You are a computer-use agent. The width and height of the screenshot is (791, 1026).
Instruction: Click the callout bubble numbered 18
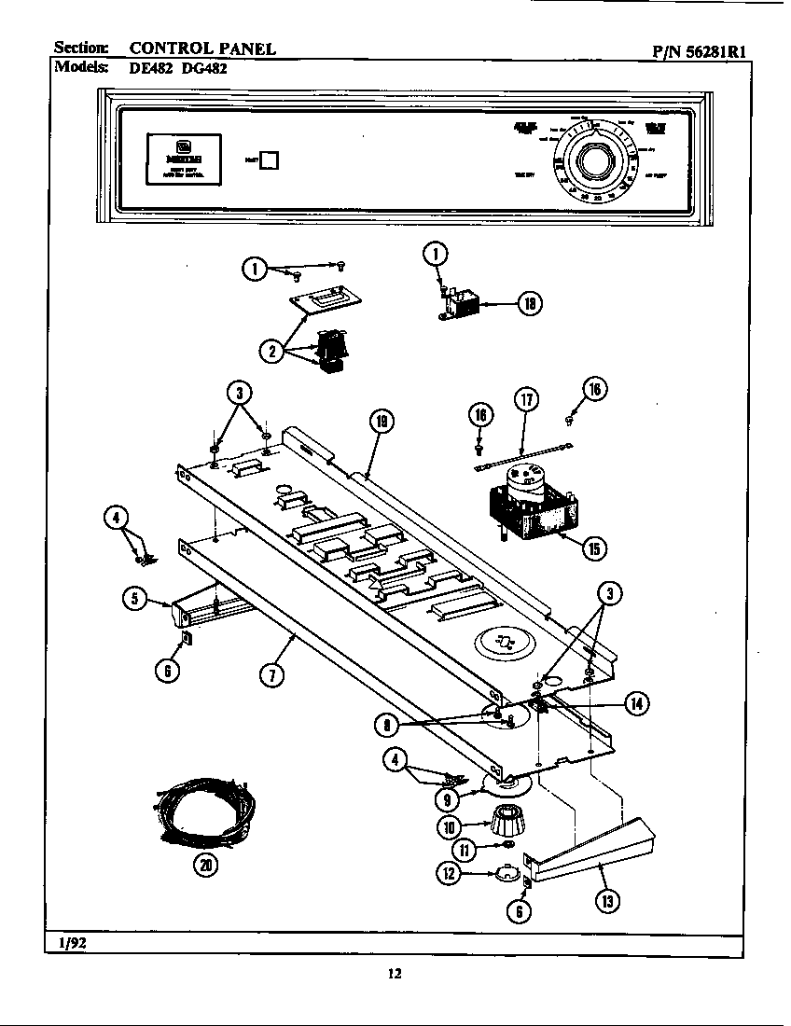point(530,303)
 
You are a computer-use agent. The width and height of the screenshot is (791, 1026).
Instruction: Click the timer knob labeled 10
point(506,822)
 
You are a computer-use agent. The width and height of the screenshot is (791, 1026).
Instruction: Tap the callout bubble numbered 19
point(381,422)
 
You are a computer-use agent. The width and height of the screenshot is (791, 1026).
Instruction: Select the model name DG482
point(203,67)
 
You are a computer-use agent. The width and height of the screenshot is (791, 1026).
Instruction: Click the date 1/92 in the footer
point(69,943)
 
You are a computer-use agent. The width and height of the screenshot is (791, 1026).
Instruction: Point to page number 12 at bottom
point(395,975)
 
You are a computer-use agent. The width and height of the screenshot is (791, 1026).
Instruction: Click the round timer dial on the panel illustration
point(593,162)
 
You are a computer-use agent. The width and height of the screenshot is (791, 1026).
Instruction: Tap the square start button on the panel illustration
point(269,159)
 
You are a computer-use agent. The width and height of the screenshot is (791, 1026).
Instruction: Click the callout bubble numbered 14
point(637,704)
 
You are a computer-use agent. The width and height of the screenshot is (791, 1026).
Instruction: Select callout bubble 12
point(452,872)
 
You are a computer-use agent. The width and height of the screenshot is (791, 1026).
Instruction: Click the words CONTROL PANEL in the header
point(201,49)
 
